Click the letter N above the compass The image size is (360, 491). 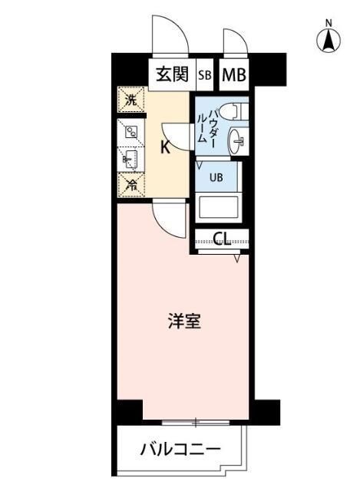click(328, 22)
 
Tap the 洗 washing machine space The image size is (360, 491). click(131, 100)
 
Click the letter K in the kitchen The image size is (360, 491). click(164, 148)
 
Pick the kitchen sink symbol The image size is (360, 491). click(130, 159)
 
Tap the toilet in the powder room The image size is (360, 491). click(230, 110)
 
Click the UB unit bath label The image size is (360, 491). click(217, 177)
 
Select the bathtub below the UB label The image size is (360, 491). click(220, 208)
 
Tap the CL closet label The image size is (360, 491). click(222, 239)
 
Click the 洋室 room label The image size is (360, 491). click(185, 321)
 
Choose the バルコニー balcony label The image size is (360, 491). click(180, 449)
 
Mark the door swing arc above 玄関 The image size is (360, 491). click(169, 35)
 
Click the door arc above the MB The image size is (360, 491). click(233, 44)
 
